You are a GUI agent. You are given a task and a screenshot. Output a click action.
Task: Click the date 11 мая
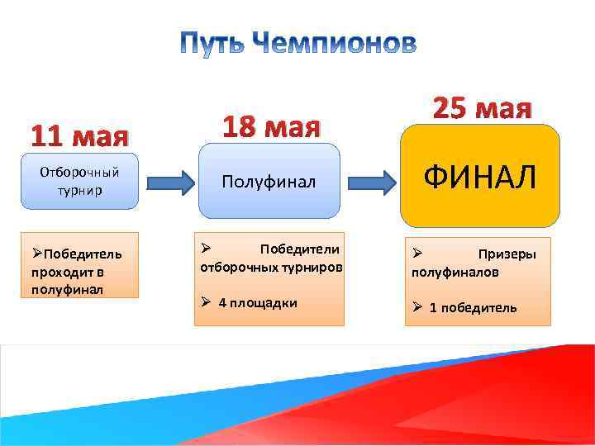point(79,134)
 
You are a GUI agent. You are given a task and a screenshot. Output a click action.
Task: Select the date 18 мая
point(270,127)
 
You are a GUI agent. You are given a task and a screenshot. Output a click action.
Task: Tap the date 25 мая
point(483,108)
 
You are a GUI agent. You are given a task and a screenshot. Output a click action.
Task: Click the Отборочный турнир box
point(80,180)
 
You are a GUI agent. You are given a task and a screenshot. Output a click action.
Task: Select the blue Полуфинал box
point(269,182)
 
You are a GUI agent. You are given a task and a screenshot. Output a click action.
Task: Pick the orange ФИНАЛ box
point(480,176)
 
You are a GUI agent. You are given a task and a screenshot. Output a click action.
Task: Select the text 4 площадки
point(258,302)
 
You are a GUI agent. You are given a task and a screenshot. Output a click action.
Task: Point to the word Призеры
point(507,254)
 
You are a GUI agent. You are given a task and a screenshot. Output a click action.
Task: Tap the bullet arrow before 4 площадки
point(207,302)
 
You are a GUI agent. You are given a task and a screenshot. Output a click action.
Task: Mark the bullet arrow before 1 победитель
point(418,308)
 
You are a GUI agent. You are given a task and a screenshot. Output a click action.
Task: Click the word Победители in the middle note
point(300,249)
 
